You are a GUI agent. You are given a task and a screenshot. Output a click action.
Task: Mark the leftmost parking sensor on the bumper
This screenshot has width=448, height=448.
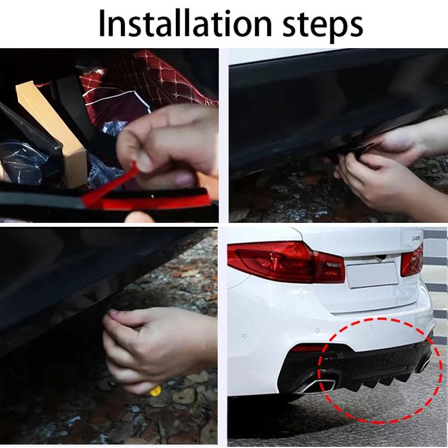click(x=244, y=336)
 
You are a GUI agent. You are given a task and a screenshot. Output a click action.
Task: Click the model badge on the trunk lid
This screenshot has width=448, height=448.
click(x=415, y=237)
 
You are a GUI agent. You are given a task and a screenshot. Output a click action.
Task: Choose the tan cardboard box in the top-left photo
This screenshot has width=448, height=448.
click(x=50, y=123)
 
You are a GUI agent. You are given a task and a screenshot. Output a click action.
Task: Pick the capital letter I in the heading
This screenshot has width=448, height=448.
click(x=103, y=24)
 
